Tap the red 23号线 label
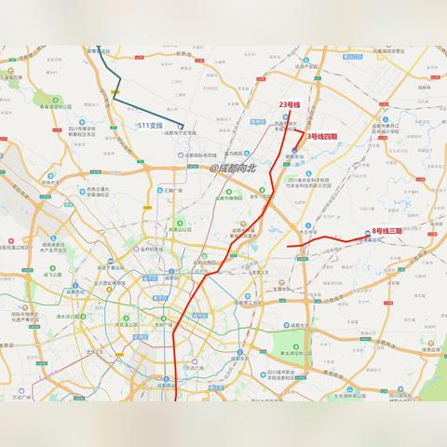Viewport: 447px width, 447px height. pos(290,104)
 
